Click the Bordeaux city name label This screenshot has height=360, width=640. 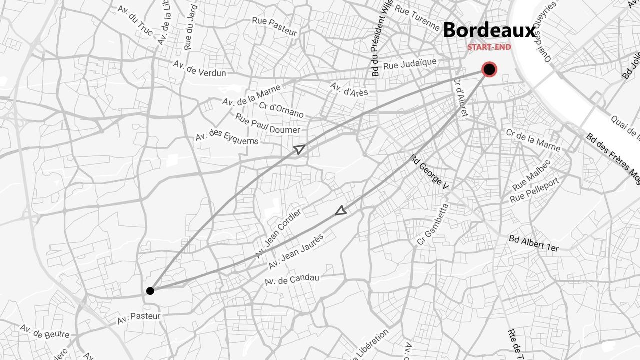click(489, 30)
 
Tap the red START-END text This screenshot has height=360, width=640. click(489, 47)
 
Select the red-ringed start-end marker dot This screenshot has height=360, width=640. click(489, 69)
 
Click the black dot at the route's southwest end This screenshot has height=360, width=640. click(150, 291)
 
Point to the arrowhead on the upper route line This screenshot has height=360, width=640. click(299, 149)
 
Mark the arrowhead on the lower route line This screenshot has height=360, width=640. click(341, 211)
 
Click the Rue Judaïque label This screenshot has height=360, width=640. click(410, 64)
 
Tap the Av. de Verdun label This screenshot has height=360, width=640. click(199, 69)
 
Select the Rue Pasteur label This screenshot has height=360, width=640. click(274, 26)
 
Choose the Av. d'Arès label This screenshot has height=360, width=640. click(349, 89)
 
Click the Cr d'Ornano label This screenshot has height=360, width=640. click(281, 109)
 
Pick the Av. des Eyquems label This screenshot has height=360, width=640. click(227, 138)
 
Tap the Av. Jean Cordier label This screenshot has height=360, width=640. click(278, 233)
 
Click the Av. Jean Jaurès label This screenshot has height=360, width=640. click(296, 251)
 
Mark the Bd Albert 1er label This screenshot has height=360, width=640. click(533, 243)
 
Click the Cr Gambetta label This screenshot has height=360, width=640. click(433, 224)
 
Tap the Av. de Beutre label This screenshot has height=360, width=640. click(44, 331)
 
